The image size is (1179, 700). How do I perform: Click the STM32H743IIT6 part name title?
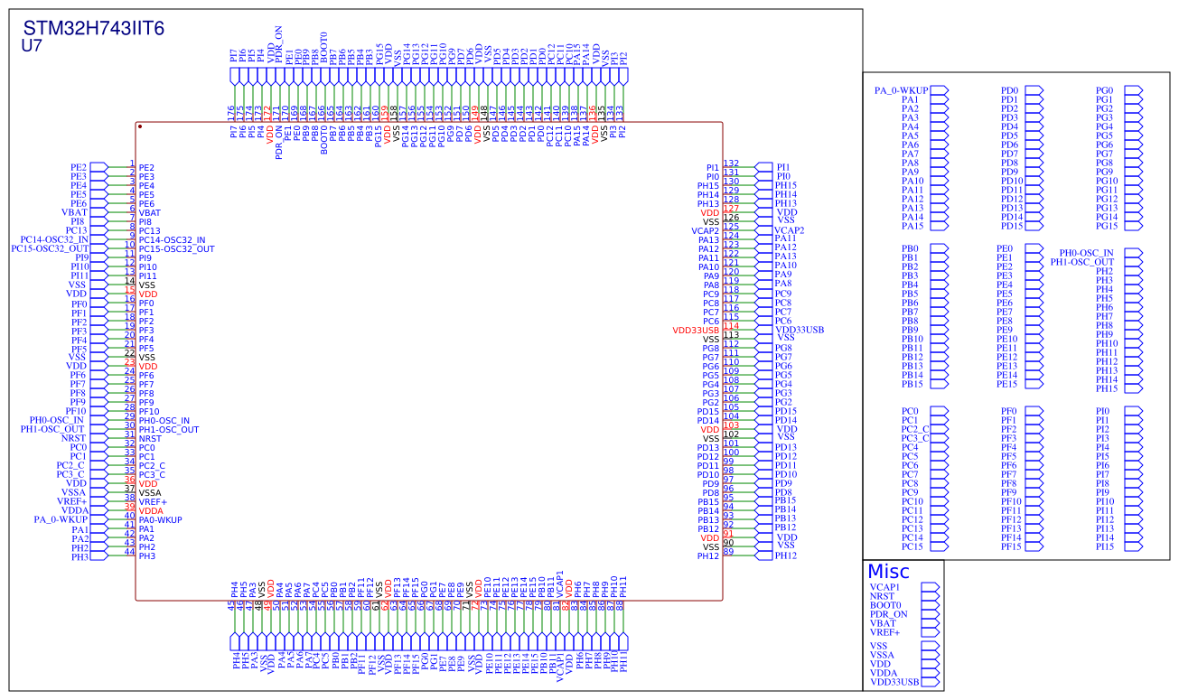coord(93,28)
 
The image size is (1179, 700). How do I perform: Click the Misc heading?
coord(888,571)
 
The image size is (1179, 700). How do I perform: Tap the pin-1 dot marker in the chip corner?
coord(140,126)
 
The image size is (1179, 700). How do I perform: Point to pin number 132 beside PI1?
coord(731,163)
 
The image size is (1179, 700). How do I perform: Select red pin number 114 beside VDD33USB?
coord(731,326)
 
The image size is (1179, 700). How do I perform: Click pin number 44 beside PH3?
coord(129,552)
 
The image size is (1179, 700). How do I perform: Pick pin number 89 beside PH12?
coord(728,552)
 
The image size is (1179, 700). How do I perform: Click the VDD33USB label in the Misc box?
coord(894,682)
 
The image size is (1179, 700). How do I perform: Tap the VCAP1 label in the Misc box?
coord(887,587)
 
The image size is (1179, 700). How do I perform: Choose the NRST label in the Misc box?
coord(883,596)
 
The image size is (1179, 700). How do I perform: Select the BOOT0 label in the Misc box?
coord(885,605)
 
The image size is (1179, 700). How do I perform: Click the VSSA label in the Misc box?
coord(882,655)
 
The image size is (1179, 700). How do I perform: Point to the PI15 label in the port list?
coord(1105,546)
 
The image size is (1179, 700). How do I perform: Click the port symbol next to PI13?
coord(1129,528)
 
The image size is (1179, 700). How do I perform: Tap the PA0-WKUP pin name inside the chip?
coord(160,520)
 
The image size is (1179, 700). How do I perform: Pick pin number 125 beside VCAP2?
coord(731,227)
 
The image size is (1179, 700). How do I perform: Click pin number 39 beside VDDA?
coord(129,507)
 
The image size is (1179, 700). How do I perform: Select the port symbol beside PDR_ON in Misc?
coord(930,614)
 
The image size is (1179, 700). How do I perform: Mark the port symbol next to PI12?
coord(1129,519)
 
